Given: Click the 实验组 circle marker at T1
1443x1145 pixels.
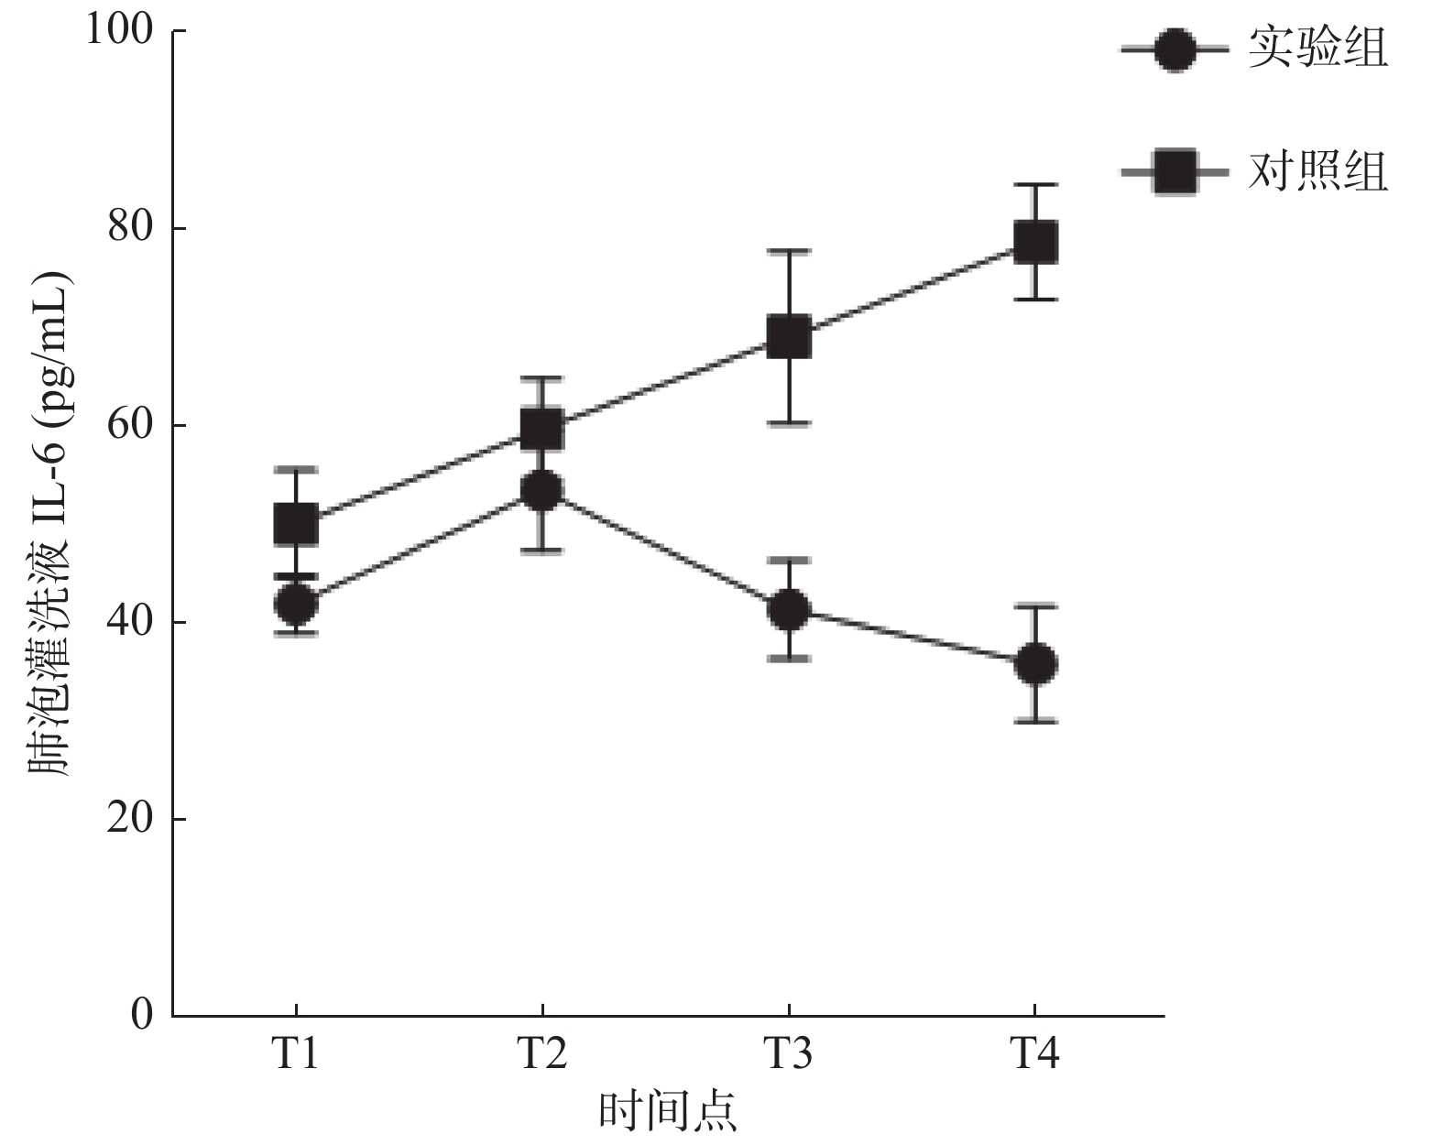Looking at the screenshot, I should (296, 604).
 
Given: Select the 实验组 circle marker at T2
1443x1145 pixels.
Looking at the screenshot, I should (541, 491).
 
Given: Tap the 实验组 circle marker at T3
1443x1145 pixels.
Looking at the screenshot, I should (788, 609).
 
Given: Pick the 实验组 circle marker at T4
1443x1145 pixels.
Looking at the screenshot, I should (1035, 663).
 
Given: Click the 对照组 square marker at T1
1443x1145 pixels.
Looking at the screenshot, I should (296, 524).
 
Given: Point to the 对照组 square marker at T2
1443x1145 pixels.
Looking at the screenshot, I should (541, 428).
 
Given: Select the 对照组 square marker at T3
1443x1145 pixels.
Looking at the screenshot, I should (788, 337).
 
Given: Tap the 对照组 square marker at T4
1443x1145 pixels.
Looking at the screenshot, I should (1035, 242).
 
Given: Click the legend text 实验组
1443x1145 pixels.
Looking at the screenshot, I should (1317, 49).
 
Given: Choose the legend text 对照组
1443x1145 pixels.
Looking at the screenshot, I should (1317, 171).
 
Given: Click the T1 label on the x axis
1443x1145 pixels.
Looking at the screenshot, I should (295, 1054).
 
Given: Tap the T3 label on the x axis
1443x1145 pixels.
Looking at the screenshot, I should (788, 1054).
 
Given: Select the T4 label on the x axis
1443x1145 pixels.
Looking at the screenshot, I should (1035, 1054).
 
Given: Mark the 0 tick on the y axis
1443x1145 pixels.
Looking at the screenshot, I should (141, 1015).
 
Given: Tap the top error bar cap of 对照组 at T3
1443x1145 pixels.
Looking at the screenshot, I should (788, 250).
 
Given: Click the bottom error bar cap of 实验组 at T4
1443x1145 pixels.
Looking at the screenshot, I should (1035, 722).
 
